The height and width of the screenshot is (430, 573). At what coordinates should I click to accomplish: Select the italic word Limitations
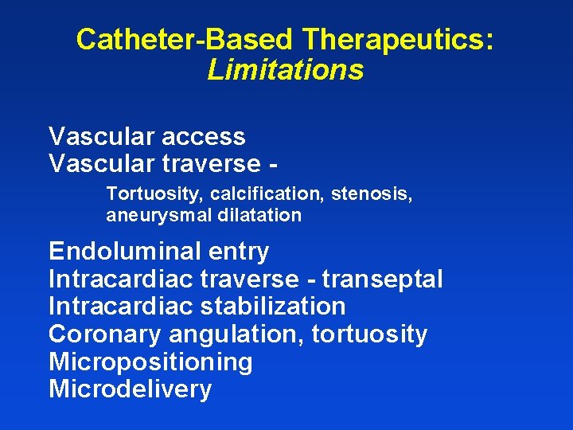pos(285,70)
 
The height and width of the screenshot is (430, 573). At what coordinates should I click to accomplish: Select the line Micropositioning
pos(150,362)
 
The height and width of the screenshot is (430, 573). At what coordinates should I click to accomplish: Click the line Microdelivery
pos(130,389)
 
